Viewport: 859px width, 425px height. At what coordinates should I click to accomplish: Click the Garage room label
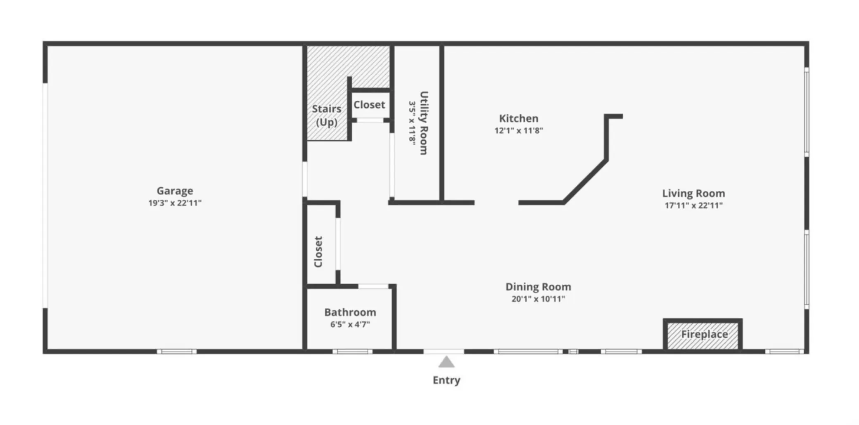175,191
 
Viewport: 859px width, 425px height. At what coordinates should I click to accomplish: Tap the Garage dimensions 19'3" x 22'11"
175,203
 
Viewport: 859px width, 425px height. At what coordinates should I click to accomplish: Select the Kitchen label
519,118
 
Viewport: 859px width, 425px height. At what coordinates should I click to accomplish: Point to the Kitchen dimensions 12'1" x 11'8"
519,131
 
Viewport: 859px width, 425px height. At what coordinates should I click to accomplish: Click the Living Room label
694,194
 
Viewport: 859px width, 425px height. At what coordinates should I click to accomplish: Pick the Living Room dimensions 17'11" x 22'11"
694,205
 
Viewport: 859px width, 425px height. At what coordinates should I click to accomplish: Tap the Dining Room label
538,287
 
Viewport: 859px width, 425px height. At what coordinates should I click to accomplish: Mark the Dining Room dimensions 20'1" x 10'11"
538,299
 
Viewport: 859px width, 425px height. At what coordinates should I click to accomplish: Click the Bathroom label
350,312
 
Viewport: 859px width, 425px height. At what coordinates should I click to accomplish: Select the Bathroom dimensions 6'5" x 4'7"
350,325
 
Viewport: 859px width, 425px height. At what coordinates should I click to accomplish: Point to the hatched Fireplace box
703,335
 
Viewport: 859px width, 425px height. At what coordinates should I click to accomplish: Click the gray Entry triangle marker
446,362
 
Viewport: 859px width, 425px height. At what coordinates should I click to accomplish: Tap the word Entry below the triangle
446,380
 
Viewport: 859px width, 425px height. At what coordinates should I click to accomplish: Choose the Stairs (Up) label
327,116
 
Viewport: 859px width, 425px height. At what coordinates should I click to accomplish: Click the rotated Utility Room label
424,123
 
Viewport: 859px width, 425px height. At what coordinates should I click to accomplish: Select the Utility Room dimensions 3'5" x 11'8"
412,122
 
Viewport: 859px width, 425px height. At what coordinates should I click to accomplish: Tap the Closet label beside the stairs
369,105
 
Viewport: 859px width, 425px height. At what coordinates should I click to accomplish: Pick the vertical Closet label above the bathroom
318,252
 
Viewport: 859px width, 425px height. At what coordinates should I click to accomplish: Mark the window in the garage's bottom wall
177,352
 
